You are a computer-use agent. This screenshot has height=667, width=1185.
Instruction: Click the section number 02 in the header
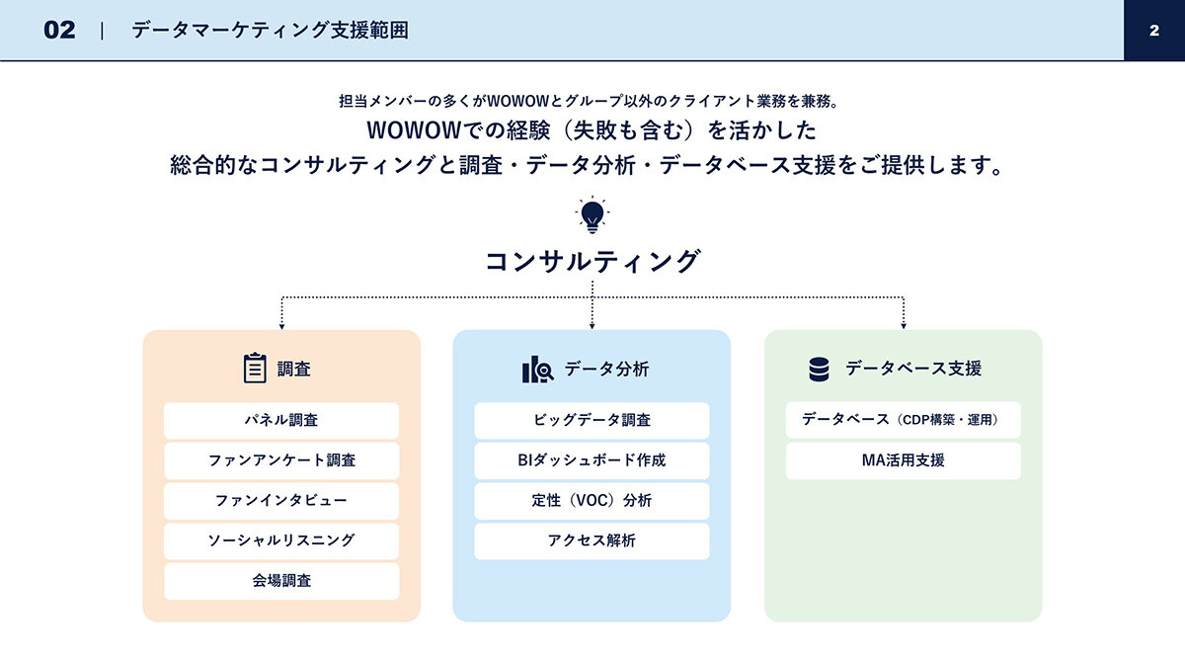point(59,31)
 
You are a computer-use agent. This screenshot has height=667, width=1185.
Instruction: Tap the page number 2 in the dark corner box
point(1154,31)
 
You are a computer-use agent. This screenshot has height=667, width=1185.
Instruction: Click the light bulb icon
point(592,215)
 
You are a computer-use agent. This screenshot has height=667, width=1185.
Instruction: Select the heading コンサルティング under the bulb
point(592,262)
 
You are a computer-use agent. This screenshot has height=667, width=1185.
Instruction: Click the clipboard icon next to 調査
point(255,368)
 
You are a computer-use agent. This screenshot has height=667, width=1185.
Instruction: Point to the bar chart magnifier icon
point(537,369)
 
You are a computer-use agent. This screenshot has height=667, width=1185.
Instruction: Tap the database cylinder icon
point(819,369)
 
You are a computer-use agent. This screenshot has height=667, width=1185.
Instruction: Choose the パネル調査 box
point(281,420)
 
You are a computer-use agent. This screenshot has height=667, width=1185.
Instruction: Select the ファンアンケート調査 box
point(281,460)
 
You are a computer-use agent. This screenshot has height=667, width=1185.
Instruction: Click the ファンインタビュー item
point(281,501)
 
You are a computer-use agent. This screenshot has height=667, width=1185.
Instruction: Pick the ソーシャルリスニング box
point(281,542)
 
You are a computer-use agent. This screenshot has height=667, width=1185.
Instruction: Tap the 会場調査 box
point(281,581)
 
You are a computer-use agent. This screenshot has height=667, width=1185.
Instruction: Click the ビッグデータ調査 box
point(592,420)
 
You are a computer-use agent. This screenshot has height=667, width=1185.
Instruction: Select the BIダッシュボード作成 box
point(592,460)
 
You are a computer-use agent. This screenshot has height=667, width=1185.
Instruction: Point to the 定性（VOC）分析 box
point(592,501)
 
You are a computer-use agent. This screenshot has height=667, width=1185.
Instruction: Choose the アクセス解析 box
point(592,542)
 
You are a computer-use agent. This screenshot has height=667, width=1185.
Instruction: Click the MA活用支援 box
point(903,460)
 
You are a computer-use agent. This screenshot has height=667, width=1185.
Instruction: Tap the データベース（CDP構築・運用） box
point(903,420)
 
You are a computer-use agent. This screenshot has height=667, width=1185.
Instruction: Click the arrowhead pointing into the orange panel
point(282,327)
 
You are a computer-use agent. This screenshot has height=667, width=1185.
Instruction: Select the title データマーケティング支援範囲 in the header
point(270,31)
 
